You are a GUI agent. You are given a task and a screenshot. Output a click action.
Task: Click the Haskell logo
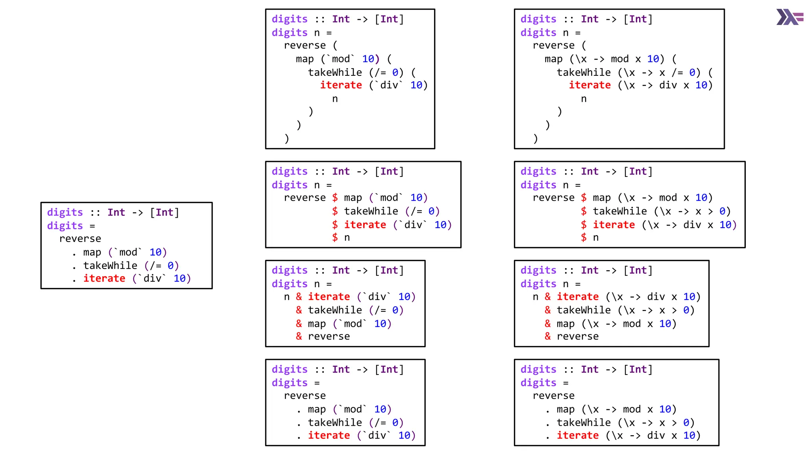pyautogui.click(x=789, y=17)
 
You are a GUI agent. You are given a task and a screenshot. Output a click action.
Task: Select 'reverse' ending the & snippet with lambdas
pyautogui.click(x=578, y=336)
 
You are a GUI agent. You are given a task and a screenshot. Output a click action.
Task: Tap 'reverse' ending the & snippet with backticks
pyautogui.click(x=329, y=336)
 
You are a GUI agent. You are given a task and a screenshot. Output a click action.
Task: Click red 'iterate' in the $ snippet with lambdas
pyautogui.click(x=614, y=225)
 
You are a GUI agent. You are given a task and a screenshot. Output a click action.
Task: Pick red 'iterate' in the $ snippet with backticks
pyautogui.click(x=365, y=225)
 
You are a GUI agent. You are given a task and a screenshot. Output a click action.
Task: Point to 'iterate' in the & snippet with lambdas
pyautogui.click(x=578, y=297)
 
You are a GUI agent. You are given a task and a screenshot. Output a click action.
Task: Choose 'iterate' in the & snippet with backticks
pyautogui.click(x=329, y=297)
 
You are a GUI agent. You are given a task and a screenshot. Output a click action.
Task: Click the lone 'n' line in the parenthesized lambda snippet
pyautogui.click(x=584, y=99)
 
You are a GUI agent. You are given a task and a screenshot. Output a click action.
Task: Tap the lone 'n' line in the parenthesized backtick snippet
pyautogui.click(x=335, y=99)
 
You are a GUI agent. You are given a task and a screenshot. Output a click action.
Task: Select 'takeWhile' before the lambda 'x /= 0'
pyautogui.click(x=584, y=73)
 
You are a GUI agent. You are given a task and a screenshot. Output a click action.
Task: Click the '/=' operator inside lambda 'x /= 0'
pyautogui.click(x=677, y=73)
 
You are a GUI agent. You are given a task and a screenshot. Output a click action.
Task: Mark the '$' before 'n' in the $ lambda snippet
pyautogui.click(x=584, y=238)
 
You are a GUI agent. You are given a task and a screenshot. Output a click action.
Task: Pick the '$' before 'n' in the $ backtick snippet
pyautogui.click(x=335, y=238)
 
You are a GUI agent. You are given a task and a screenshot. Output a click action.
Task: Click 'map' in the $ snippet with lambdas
pyautogui.click(x=601, y=198)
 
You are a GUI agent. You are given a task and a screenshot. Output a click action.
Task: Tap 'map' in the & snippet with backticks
pyautogui.click(x=317, y=324)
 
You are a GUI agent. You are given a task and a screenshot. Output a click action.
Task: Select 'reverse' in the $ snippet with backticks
pyautogui.click(x=304, y=198)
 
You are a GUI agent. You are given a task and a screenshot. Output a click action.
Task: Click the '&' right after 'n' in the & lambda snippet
pyautogui.click(x=548, y=297)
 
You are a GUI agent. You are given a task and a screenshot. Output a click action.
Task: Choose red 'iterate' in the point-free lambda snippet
pyautogui.click(x=578, y=436)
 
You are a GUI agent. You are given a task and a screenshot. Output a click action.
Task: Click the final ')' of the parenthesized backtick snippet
pyautogui.click(x=287, y=138)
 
